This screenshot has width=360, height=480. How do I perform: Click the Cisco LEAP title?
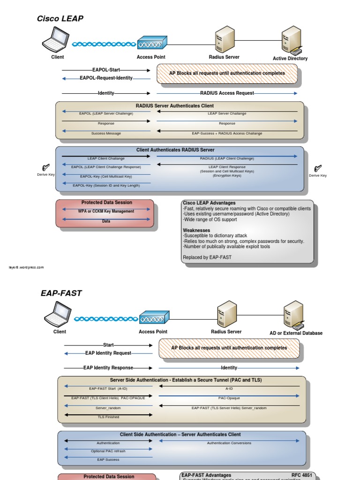pyautogui.click(x=60, y=19)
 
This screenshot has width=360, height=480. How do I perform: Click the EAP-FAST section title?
pyautogui.click(x=61, y=293)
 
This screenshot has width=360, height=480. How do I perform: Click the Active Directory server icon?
pyautogui.click(x=291, y=40)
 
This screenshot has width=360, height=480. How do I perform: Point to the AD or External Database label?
pyautogui.click(x=296, y=333)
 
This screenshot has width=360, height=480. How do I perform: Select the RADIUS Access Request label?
pyautogui.click(x=227, y=93)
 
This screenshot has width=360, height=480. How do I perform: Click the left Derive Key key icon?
pyautogui.click(x=46, y=167)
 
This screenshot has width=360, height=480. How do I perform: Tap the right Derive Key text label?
pyautogui.click(x=318, y=176)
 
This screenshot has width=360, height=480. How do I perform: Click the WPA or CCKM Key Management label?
pyautogui.click(x=106, y=211)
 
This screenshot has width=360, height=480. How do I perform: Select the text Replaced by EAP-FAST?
pyautogui.click(x=207, y=257)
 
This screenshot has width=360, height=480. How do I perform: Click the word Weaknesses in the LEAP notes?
pyautogui.click(x=197, y=230)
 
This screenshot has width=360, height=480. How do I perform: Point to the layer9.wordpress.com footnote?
pyautogui.click(x=26, y=268)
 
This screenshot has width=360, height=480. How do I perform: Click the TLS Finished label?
pyautogui.click(x=108, y=417)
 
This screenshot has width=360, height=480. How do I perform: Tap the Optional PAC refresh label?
pyautogui.click(x=108, y=451)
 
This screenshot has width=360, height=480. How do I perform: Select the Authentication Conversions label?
pyautogui.click(x=229, y=443)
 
